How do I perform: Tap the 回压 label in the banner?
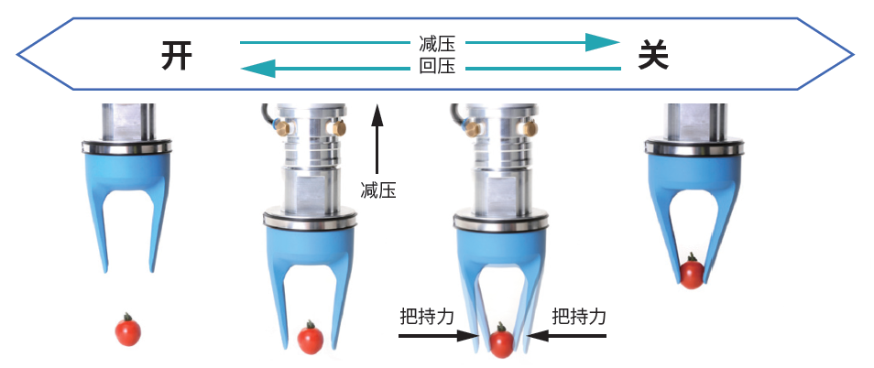pyautogui.click(x=437, y=67)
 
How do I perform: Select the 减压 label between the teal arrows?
pyautogui.click(x=437, y=43)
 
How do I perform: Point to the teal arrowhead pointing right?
pyautogui.click(x=602, y=42)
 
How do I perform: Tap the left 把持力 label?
pyautogui.click(x=427, y=317)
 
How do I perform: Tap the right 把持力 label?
pyautogui.click(x=579, y=317)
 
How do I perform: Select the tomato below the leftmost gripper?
pyautogui.click(x=127, y=330)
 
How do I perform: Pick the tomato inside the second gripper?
pyautogui.click(x=311, y=339)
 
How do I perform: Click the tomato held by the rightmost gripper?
pyautogui.click(x=692, y=272)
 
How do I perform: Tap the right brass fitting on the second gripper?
pyautogui.click(x=341, y=129)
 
